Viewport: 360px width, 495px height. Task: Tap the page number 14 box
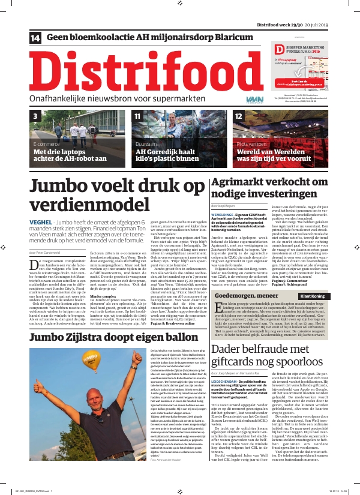pos(35,38)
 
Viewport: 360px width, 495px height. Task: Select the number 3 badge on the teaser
pos(35,116)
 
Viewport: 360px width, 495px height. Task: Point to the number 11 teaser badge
pos(137,116)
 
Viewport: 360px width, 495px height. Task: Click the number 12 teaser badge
pos(239,116)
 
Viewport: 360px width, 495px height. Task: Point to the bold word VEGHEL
pos(43,223)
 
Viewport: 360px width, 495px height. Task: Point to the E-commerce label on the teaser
pos(47,145)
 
